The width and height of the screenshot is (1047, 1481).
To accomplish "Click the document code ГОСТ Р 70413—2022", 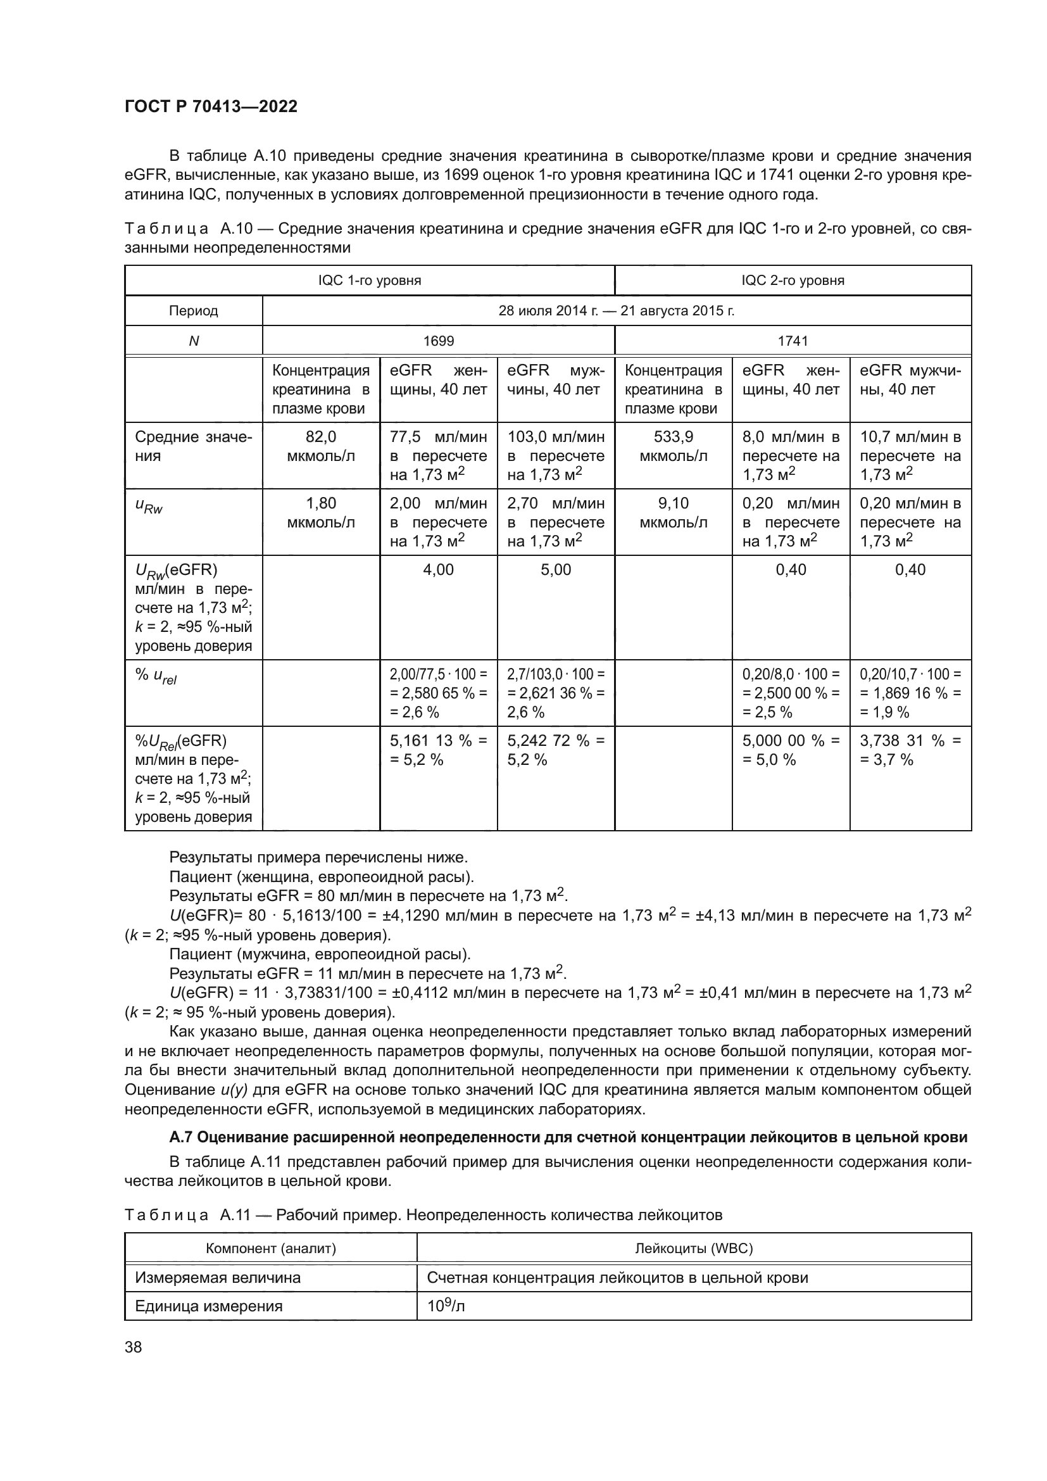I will tap(211, 106).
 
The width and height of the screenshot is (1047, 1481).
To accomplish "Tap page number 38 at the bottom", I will tap(134, 1347).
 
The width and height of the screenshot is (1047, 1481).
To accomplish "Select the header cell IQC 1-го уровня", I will tap(370, 280).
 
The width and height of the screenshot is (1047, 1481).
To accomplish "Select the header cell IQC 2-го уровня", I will tap(793, 280).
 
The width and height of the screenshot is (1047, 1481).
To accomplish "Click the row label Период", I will tap(194, 311).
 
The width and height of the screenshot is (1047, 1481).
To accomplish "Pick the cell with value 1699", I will tap(439, 341).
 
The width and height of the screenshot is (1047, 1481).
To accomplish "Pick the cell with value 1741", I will tap(793, 341).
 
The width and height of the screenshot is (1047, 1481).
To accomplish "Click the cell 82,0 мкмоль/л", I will tap(320, 446).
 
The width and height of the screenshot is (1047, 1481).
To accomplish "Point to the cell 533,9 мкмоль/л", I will tap(673, 446).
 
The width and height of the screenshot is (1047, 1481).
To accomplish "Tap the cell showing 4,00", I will tap(439, 570).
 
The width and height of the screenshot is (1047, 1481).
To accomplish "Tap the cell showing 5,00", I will tap(556, 570).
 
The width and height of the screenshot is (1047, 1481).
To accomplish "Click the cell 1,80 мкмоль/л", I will tap(320, 513).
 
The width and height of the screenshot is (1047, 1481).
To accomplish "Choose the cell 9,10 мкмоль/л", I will tap(673, 513).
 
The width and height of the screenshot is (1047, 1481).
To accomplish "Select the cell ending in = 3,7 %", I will tap(910, 750).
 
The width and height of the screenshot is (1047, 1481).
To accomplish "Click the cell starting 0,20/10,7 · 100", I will tap(910, 693).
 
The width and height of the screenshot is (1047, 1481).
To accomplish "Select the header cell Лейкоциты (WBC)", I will tap(694, 1248).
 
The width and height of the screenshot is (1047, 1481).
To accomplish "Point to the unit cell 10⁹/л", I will tap(446, 1306).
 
